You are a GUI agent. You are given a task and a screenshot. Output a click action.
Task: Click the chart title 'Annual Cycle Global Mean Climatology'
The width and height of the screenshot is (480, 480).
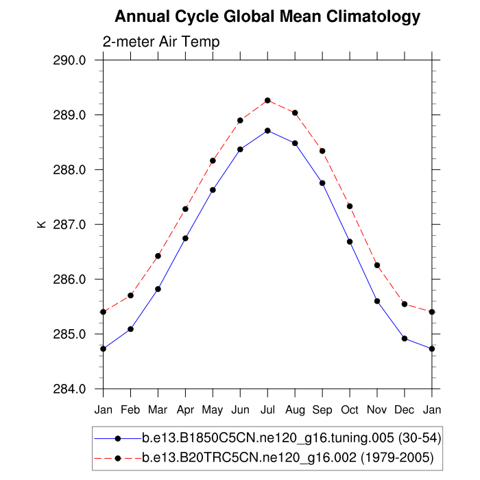coord(267,16)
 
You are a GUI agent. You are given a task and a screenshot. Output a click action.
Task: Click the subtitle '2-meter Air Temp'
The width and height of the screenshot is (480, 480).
coord(161,42)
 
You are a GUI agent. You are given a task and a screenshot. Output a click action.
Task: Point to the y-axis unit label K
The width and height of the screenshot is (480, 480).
coord(40,224)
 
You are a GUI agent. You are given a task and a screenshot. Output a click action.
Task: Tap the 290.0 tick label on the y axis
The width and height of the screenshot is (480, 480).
coord(69,60)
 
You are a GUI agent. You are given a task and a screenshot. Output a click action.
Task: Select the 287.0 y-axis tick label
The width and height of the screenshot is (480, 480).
coord(69,224)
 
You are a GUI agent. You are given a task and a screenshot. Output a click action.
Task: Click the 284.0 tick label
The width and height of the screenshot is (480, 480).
coord(69,389)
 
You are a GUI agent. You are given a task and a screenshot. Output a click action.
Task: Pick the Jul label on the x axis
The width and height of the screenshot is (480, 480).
coord(267,409)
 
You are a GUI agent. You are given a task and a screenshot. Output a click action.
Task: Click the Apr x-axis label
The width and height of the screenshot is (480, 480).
coord(185,409)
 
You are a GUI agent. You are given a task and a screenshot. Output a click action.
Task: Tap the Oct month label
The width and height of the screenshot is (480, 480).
coord(350,409)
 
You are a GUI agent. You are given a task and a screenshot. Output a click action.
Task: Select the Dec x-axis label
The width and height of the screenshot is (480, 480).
coord(405,409)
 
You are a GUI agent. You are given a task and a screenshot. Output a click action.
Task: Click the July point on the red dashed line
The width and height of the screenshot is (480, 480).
coord(267,100)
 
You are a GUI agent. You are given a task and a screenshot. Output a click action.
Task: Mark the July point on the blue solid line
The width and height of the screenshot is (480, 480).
coord(267,130)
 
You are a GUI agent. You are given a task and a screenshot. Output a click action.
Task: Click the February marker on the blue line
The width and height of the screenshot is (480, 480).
coord(130,329)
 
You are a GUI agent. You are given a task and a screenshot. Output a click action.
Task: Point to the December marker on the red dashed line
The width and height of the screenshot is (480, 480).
coord(405,304)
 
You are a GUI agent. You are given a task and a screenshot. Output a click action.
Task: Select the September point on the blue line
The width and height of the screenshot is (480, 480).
coord(322,183)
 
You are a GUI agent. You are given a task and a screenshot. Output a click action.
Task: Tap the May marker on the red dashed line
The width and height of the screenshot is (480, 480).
coord(213,160)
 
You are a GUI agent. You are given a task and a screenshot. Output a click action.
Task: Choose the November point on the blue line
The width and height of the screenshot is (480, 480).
coord(377,301)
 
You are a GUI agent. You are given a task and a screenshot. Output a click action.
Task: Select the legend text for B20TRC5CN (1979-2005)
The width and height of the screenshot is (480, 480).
coord(287,457)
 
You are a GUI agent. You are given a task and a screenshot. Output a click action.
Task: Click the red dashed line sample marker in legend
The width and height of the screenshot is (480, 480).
coord(118,457)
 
